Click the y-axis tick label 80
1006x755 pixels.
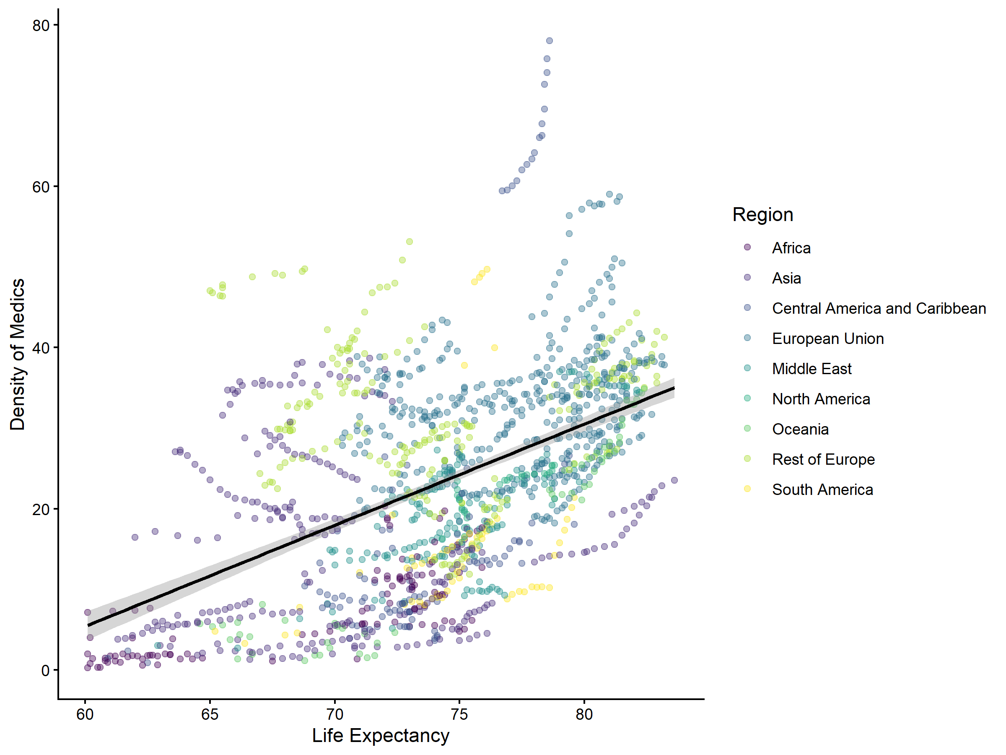click(x=41, y=26)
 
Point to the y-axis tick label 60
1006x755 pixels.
click(x=41, y=187)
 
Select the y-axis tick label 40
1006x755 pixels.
click(x=41, y=348)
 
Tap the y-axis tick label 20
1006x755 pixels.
click(x=41, y=509)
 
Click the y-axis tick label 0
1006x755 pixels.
click(x=45, y=670)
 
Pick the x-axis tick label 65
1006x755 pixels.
click(x=210, y=714)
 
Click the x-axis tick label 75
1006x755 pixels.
click(x=459, y=714)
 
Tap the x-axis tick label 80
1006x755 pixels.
click(x=584, y=714)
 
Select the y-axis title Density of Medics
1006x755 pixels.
click(x=17, y=354)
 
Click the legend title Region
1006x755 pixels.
click(x=763, y=214)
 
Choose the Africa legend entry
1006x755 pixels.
click(x=791, y=248)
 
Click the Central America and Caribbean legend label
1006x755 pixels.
click(x=879, y=309)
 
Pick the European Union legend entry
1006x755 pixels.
click(x=828, y=338)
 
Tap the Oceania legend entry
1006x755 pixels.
click(x=800, y=429)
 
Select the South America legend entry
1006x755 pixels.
click(x=822, y=489)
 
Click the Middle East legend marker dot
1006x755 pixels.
click(x=747, y=368)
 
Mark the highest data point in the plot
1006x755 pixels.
click(x=550, y=41)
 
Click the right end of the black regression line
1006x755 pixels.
click(x=674, y=388)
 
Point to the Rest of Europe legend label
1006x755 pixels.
click(x=823, y=459)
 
